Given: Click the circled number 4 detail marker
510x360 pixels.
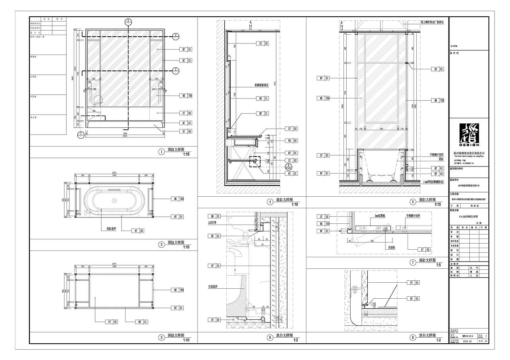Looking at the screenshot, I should (270, 202).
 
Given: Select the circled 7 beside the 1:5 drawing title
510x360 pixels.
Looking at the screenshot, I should (413, 262).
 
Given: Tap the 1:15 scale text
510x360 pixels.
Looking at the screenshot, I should (186, 155).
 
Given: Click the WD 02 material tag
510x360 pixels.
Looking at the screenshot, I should (292, 141).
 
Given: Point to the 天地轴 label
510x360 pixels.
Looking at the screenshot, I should (392, 247).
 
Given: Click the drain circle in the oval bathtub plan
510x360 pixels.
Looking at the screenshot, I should (114, 201).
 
